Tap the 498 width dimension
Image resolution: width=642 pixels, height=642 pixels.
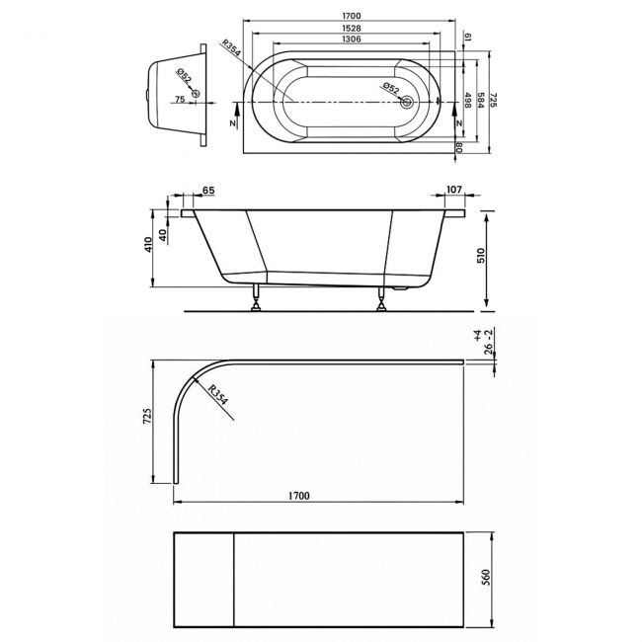(x=467, y=100)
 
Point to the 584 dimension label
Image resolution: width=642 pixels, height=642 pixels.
(x=481, y=100)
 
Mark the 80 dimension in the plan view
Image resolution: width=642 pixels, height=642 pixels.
(x=460, y=146)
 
